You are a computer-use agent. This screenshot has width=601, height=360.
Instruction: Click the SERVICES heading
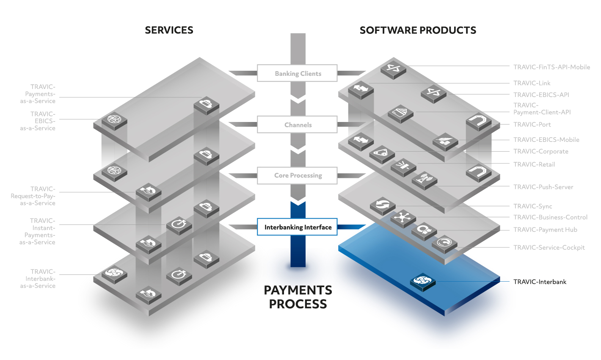pos(169,30)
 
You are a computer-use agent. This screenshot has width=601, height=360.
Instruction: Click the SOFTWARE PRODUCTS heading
pos(418,30)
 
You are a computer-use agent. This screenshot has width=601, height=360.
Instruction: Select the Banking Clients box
pos(297,73)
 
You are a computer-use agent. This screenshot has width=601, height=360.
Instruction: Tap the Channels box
pos(297,124)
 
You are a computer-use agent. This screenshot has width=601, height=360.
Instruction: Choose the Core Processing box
pos(297,175)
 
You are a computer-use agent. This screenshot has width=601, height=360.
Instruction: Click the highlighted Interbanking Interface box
pos(297,227)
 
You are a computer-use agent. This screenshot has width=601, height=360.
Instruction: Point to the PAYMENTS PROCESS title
pos(298,297)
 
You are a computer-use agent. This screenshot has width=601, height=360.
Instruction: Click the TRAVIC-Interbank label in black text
pos(540,282)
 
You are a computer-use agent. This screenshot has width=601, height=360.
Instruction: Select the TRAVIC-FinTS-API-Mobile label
pos(551,67)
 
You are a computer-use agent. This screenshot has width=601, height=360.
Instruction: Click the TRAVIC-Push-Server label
pos(543,187)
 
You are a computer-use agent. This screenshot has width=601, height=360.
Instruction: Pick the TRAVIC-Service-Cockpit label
pos(549,247)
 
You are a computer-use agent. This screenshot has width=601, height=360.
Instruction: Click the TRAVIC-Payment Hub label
pos(545,230)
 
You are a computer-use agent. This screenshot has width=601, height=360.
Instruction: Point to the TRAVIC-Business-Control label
pos(550,217)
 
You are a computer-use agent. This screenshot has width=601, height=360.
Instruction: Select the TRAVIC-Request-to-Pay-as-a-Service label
pos(33,196)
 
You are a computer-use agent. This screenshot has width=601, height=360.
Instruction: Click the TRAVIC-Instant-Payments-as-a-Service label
pos(37,231)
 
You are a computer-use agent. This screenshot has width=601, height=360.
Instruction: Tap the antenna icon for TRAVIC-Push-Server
pos(425,180)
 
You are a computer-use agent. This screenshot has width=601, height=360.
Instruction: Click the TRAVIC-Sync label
pos(532,206)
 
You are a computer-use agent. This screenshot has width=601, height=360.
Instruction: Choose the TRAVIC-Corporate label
pos(540,151)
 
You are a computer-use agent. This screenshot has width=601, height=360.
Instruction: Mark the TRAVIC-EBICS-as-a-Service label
pos(38,121)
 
